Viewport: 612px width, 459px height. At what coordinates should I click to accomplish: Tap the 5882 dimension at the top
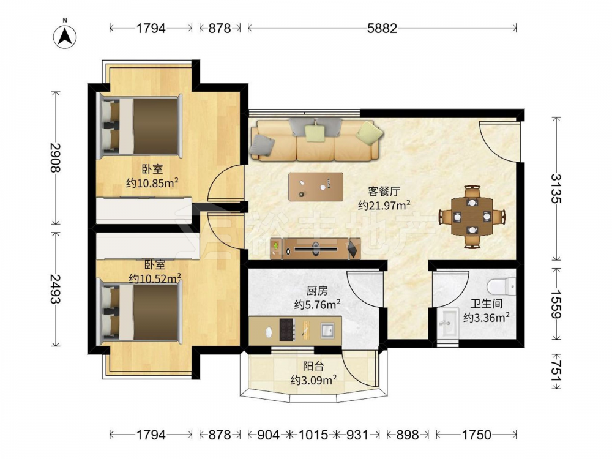click(382, 28)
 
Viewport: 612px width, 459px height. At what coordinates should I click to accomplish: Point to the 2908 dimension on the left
click(56, 158)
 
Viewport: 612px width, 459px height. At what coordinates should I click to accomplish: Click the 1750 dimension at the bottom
click(476, 435)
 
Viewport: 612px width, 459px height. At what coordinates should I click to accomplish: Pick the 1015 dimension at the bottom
click(313, 435)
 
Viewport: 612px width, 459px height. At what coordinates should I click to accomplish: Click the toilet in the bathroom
click(501, 286)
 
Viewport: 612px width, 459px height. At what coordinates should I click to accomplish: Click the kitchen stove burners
click(287, 330)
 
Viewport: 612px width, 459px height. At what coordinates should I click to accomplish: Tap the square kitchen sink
click(327, 330)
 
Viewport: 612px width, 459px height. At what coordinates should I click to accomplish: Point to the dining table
click(472, 216)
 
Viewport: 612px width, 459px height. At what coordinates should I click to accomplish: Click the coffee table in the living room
click(316, 187)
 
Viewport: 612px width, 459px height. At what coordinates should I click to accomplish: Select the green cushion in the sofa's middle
click(315, 133)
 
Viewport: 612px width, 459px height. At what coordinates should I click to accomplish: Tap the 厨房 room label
click(317, 291)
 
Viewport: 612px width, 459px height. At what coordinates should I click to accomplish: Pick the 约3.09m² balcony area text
click(313, 380)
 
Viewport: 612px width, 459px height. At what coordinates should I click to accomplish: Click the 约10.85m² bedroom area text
click(152, 182)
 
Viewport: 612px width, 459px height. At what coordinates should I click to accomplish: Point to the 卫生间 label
click(487, 304)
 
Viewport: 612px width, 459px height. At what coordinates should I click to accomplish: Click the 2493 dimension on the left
click(56, 288)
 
